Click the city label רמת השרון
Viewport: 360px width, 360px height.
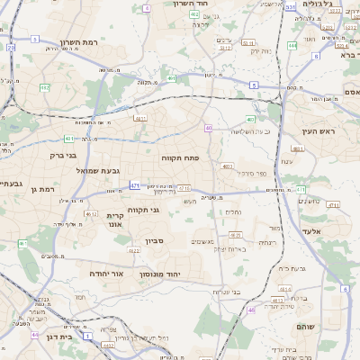click(x=78, y=43)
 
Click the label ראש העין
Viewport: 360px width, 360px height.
click(x=319, y=131)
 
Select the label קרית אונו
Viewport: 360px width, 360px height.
click(x=115, y=220)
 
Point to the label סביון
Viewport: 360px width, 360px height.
click(x=155, y=241)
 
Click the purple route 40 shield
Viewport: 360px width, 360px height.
click(x=208, y=128)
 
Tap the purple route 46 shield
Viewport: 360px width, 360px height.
click(x=251, y=310)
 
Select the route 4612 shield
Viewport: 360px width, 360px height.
click(x=92, y=214)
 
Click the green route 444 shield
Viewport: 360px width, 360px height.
click(x=293, y=43)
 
